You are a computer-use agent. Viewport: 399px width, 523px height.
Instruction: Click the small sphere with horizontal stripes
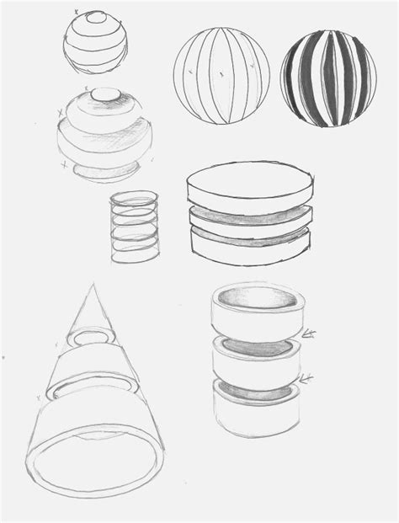(x=97, y=40)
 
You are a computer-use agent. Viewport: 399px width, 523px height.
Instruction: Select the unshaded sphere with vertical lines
(x=221, y=78)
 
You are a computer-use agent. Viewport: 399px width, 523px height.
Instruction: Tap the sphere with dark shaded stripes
(x=327, y=78)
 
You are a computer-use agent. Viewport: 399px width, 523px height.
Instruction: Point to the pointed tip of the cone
(x=92, y=288)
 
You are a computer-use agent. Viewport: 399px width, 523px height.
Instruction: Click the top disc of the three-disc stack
(x=249, y=186)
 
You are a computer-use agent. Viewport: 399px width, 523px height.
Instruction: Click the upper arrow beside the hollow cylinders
(x=309, y=335)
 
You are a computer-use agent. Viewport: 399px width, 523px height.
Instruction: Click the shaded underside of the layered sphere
(x=106, y=172)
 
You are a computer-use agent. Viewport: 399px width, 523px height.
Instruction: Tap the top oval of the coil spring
(x=135, y=200)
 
